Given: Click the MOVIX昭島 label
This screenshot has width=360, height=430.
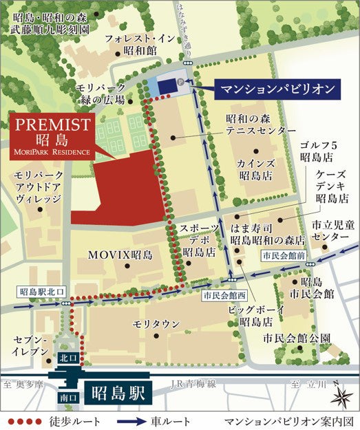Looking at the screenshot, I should [x=119, y=255].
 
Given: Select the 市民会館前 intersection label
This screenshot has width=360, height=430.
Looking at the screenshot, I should [x=282, y=255].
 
